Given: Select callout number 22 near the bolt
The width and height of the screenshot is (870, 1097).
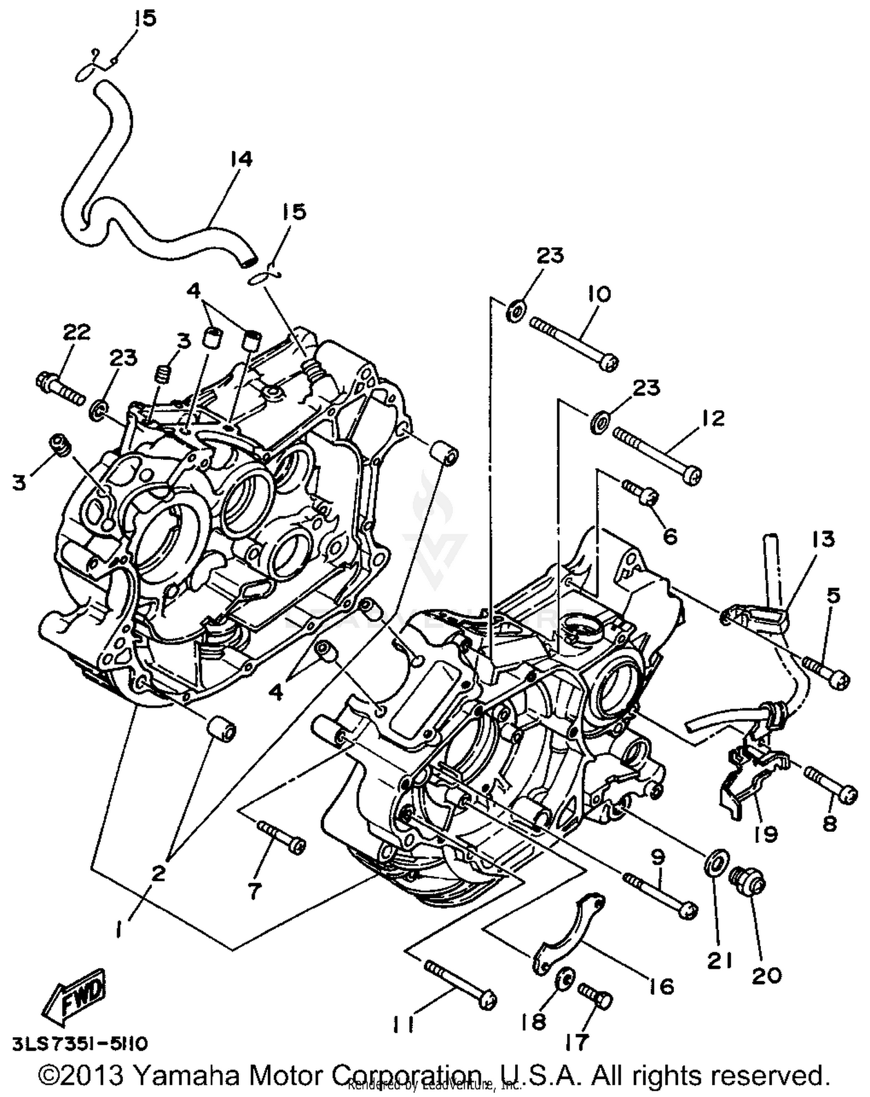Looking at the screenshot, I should (x=77, y=332).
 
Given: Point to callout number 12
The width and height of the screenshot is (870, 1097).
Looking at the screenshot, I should (x=712, y=418).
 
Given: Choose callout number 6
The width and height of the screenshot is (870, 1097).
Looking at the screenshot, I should (x=669, y=536).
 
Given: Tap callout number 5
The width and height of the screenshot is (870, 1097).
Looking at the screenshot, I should (x=833, y=596).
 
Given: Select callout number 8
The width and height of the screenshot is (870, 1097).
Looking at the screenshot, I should (x=829, y=823).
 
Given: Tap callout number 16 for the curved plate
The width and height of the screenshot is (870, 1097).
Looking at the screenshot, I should (x=661, y=986).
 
